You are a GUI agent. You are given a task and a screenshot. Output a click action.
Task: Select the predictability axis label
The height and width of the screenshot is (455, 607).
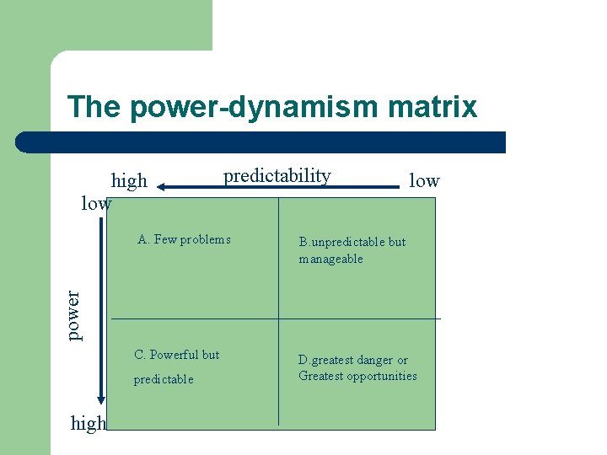277,175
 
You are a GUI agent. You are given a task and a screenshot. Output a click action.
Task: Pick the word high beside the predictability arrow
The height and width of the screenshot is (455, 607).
129,180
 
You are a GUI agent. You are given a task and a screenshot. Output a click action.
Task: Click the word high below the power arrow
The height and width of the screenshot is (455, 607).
89,423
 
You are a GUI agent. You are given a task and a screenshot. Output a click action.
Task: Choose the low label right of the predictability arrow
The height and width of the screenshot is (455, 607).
424,180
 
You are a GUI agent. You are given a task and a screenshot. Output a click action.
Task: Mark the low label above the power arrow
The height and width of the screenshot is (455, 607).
95,203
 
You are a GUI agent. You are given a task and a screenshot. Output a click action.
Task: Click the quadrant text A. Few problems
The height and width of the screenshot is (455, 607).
184,239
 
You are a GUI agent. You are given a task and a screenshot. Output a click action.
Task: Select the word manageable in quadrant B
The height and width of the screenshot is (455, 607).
330,259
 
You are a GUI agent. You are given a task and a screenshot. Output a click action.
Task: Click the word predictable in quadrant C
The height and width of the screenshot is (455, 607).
164,379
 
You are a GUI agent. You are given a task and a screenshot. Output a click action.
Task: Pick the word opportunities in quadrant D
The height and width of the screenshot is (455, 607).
379,376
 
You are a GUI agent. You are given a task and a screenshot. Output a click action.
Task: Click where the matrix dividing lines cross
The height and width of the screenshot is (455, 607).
279,318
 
